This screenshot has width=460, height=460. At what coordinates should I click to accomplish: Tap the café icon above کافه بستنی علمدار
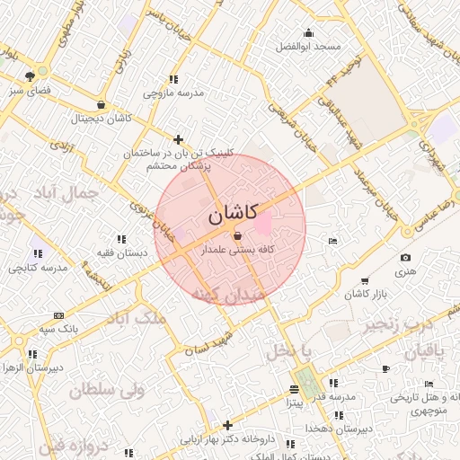(x=237, y=235)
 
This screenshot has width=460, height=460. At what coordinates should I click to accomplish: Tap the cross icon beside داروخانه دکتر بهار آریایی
(x=227, y=425)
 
